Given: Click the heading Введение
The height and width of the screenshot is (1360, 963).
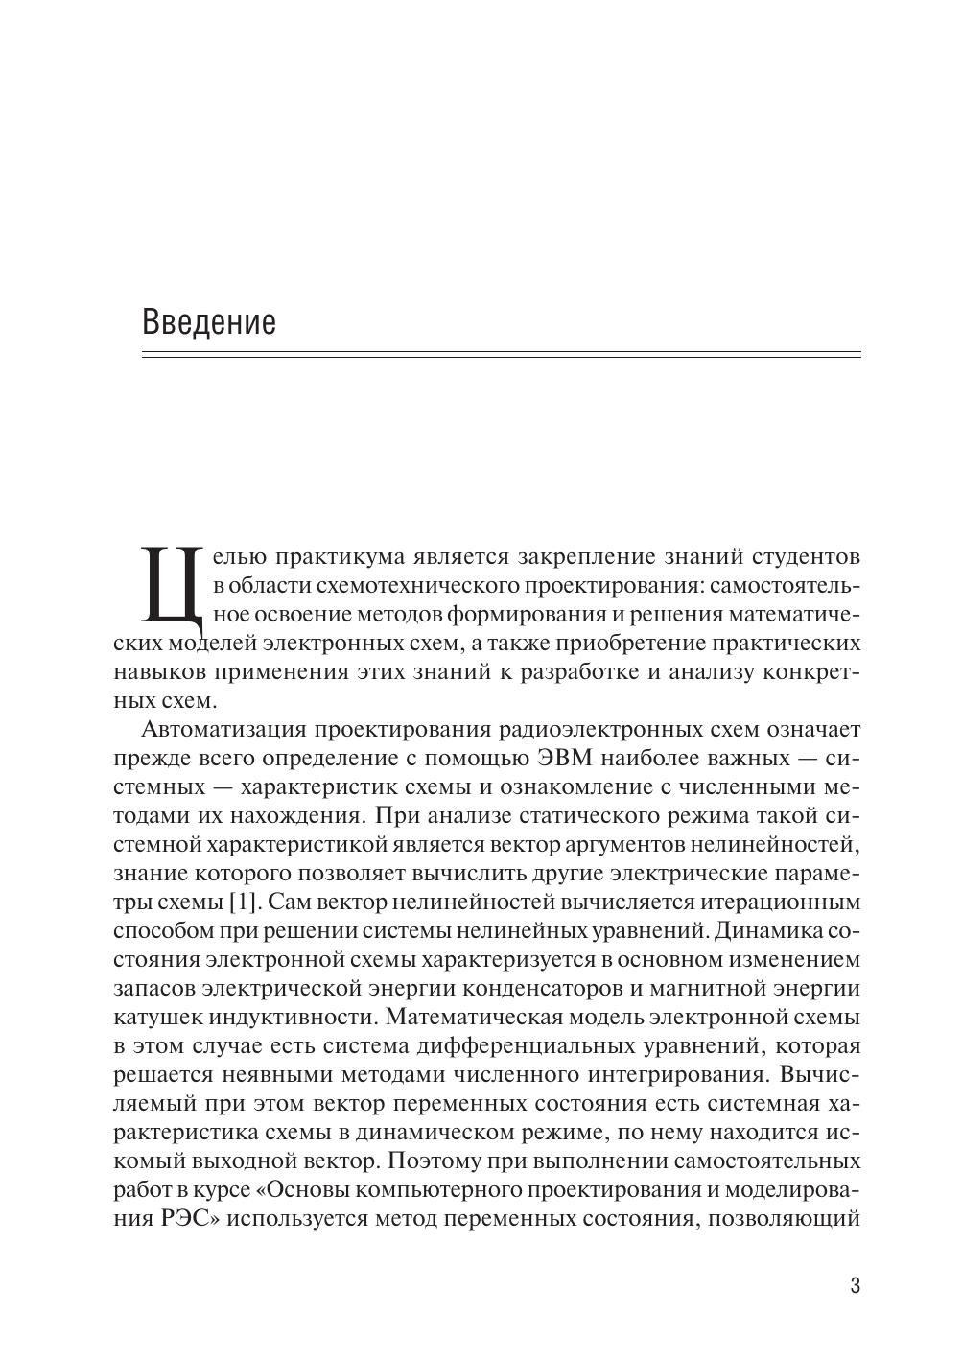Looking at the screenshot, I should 208,321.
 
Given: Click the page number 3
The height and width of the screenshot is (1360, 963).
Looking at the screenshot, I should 855,1286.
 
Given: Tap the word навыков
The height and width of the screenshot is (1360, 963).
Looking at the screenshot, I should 156,672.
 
